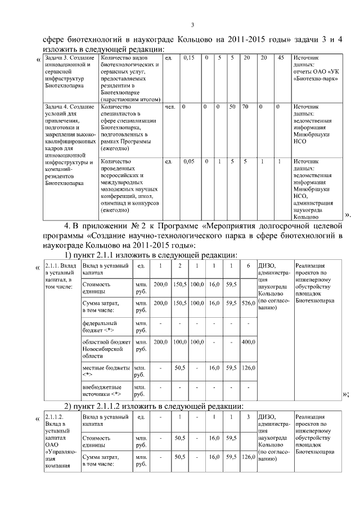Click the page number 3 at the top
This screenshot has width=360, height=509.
(x=192, y=24)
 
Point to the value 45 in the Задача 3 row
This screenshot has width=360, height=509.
(x=281, y=58)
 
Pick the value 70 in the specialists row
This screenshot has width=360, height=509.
(x=245, y=106)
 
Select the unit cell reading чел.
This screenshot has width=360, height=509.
(x=169, y=106)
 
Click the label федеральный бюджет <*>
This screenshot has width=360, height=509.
(x=100, y=327)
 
